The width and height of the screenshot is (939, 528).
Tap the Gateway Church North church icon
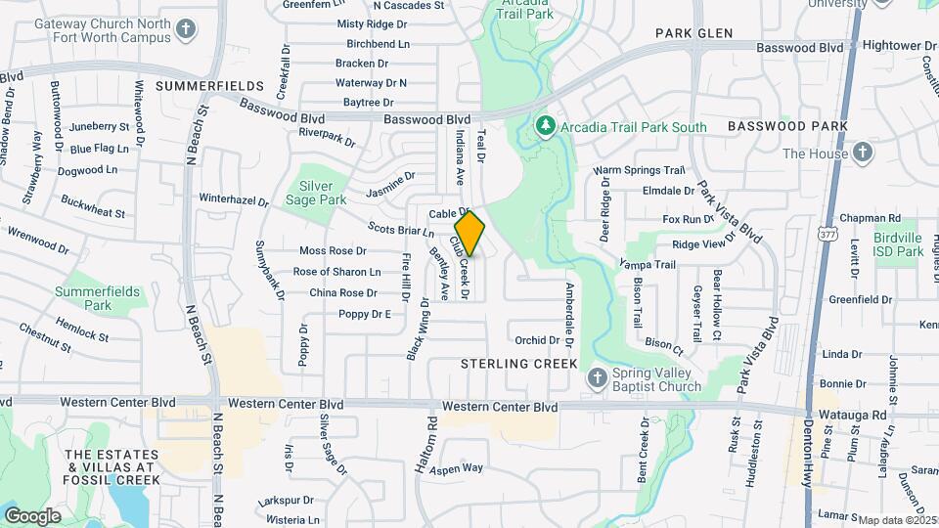click(186, 30)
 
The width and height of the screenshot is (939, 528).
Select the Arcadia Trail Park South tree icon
click(546, 126)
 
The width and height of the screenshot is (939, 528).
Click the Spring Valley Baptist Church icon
click(597, 377)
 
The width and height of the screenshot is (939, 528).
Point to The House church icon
click(862, 153)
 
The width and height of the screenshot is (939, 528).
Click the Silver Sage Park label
click(323, 193)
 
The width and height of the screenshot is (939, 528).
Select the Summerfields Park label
click(97, 298)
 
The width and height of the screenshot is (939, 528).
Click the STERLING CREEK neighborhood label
click(508, 363)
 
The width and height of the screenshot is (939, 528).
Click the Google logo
click(32, 515)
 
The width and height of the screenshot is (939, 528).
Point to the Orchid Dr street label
click(537, 340)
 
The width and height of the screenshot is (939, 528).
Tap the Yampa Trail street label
click(647, 264)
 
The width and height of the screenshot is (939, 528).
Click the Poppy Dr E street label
click(364, 314)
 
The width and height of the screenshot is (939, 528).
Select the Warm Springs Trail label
click(640, 170)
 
